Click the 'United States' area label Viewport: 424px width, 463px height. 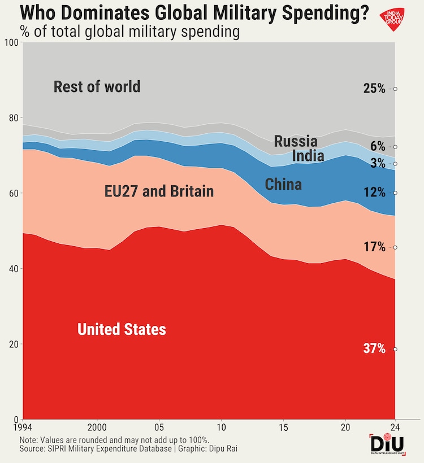coord(122,329)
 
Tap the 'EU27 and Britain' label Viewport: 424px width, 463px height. coord(159,191)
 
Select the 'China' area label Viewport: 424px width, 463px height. coord(283,184)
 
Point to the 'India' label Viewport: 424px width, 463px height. coord(308,156)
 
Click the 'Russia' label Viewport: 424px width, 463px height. coord(296,141)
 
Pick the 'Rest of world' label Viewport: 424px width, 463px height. coord(97,87)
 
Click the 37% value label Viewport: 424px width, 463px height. coord(374,349)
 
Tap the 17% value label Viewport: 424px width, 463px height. coord(374,247)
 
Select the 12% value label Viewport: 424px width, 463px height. coord(374,193)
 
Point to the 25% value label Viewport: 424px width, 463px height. coord(374,89)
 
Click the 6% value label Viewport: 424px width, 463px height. coord(378,147)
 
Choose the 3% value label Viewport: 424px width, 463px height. coord(378,164)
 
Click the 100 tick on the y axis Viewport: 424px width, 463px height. coord(10,43)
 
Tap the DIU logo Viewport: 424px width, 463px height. coord(387,443)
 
